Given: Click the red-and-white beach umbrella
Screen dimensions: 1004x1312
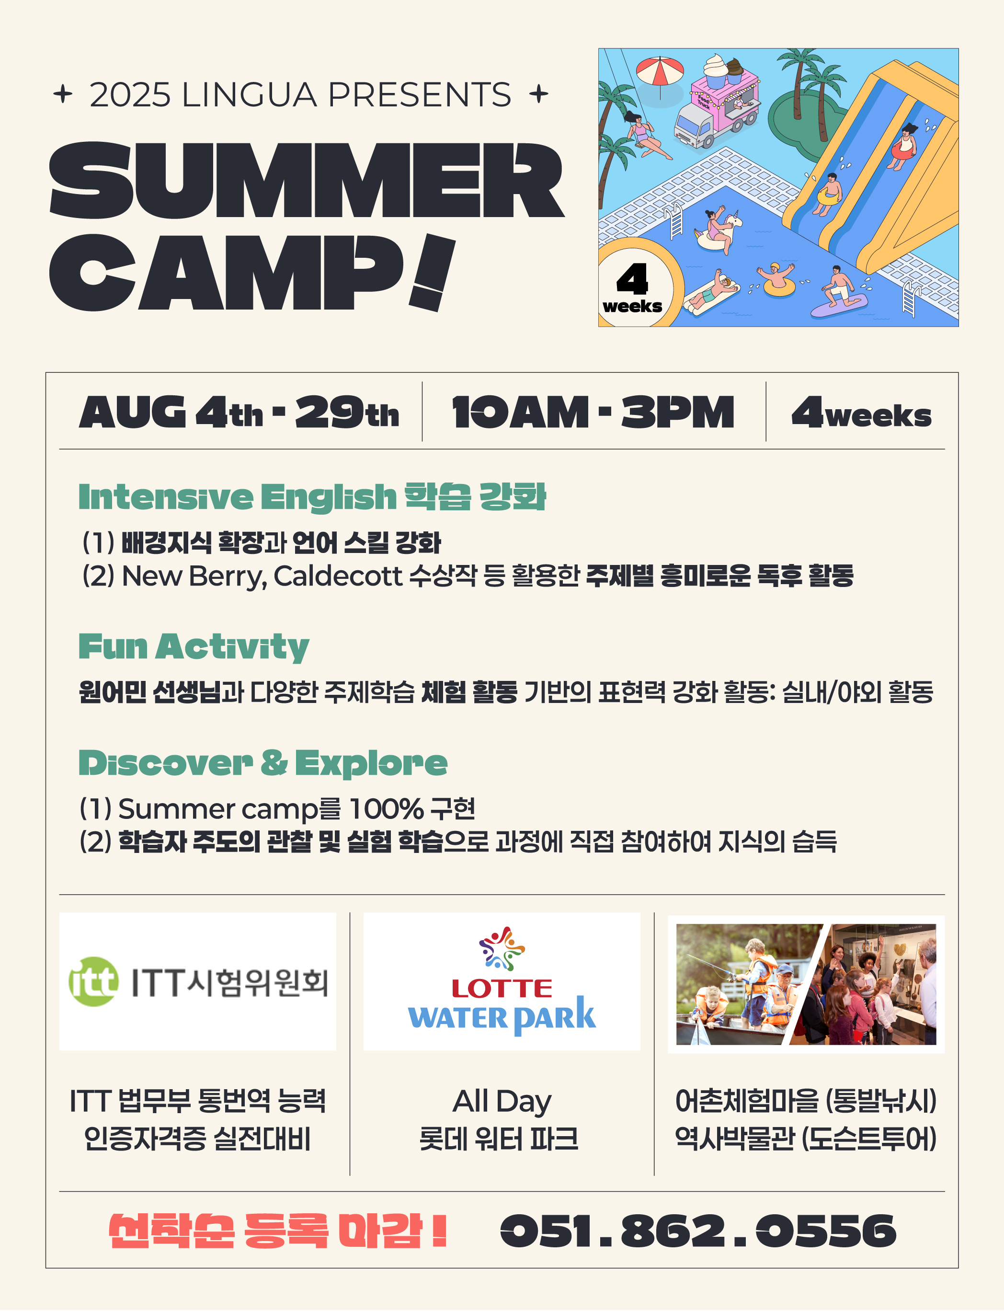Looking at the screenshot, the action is (x=660, y=72).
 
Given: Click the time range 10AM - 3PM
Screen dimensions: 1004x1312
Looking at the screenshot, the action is (x=593, y=413).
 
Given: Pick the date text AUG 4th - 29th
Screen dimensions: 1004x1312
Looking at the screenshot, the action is (x=239, y=413).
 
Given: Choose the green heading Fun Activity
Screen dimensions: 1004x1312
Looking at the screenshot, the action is (x=194, y=647).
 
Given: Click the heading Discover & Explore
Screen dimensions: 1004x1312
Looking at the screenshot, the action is (x=263, y=763).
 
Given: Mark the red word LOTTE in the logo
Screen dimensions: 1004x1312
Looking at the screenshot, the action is (x=502, y=989).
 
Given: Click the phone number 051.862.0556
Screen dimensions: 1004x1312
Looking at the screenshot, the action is (x=698, y=1231).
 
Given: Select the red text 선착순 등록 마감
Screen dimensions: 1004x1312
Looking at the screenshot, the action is (x=278, y=1231).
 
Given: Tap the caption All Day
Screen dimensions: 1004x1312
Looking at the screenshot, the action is (x=502, y=1101).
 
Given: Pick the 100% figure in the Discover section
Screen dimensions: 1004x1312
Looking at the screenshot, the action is (x=386, y=809).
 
